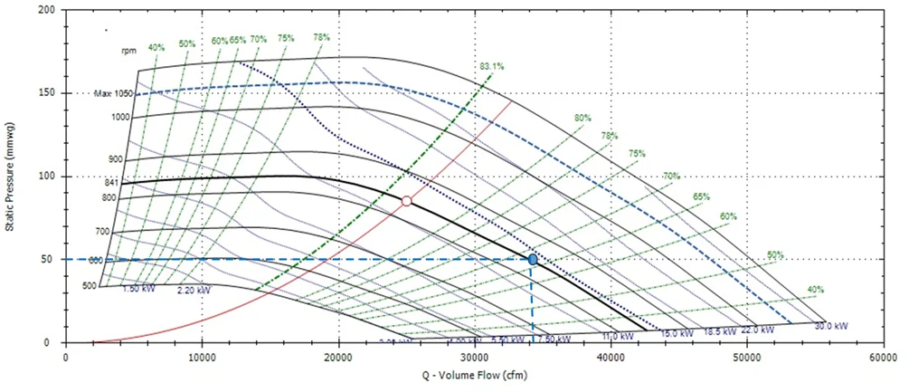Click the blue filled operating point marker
pyautogui.click(x=533, y=259)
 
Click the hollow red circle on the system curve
pyautogui.click(x=407, y=201)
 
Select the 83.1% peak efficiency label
pyautogui.click(x=491, y=66)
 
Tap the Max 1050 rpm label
pyautogui.click(x=113, y=94)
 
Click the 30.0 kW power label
pyautogui.click(x=830, y=326)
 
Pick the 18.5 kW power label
pyautogui.click(x=718, y=332)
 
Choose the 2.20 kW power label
pyautogui.click(x=194, y=290)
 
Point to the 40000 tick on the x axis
pyautogui.click(x=611, y=359)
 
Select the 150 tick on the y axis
pyautogui.click(x=45, y=93)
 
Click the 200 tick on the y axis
pyautogui.click(x=45, y=10)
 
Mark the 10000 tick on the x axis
pyautogui.click(x=202, y=359)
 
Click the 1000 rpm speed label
pyautogui.click(x=121, y=117)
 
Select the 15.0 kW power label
pyautogui.click(x=677, y=333)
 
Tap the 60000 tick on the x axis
pyautogui.click(x=883, y=359)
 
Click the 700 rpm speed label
pyautogui.click(x=102, y=232)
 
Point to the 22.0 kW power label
pyautogui.click(x=758, y=330)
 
